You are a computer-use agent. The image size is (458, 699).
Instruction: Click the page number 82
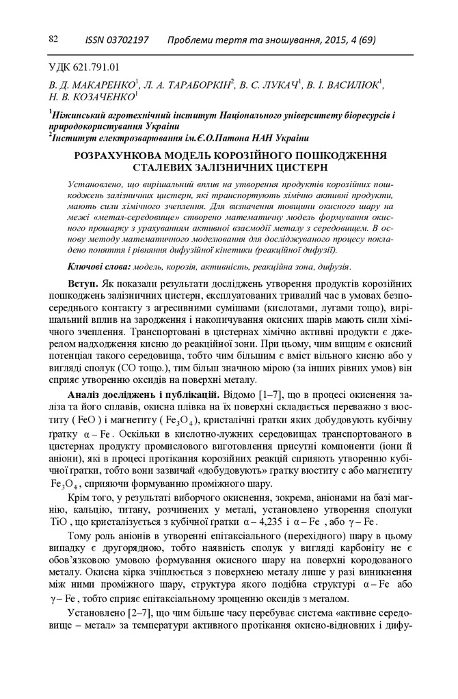[53, 40]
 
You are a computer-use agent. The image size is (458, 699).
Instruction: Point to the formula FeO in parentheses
[85, 422]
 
